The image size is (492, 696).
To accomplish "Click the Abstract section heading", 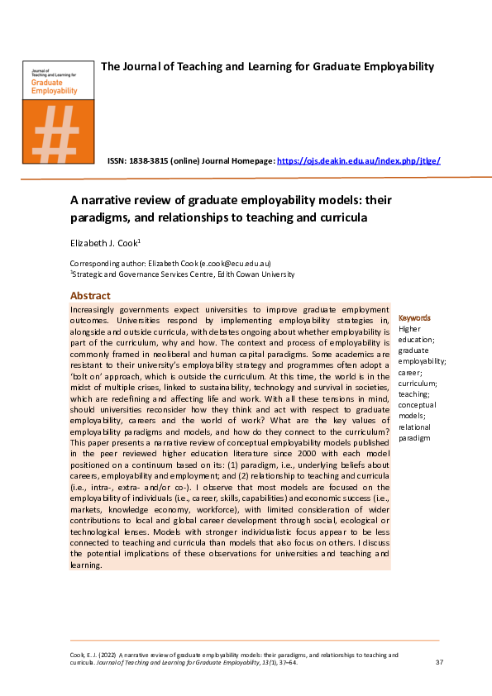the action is click(x=90, y=296).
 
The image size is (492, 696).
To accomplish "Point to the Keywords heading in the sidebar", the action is click(x=414, y=317).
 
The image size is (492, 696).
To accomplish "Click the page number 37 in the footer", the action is click(x=438, y=663).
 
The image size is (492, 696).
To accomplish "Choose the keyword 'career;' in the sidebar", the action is click(x=411, y=372).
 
